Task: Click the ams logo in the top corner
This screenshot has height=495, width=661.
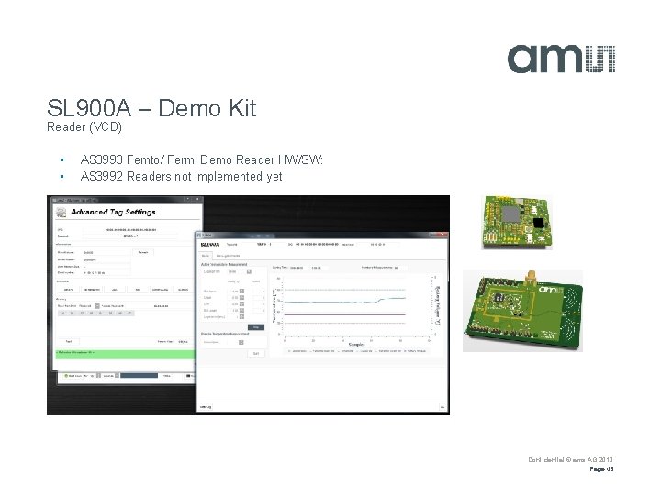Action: coord(561,59)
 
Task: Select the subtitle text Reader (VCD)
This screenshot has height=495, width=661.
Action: coord(84,126)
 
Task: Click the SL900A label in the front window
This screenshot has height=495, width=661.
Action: coord(210,245)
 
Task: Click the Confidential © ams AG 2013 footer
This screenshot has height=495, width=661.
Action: coord(570,458)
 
